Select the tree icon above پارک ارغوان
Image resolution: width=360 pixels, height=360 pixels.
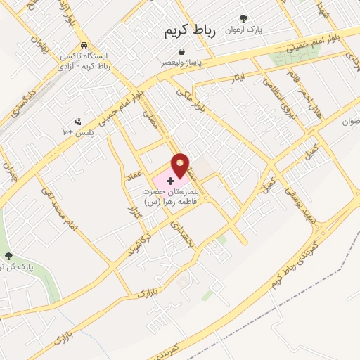click(243, 19)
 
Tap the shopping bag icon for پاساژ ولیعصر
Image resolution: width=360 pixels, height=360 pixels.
click(182, 52)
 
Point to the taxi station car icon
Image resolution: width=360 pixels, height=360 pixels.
click(84, 44)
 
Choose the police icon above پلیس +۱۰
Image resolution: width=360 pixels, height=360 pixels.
click(78, 121)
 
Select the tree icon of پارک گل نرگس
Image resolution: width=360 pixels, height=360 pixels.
click(8, 257)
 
